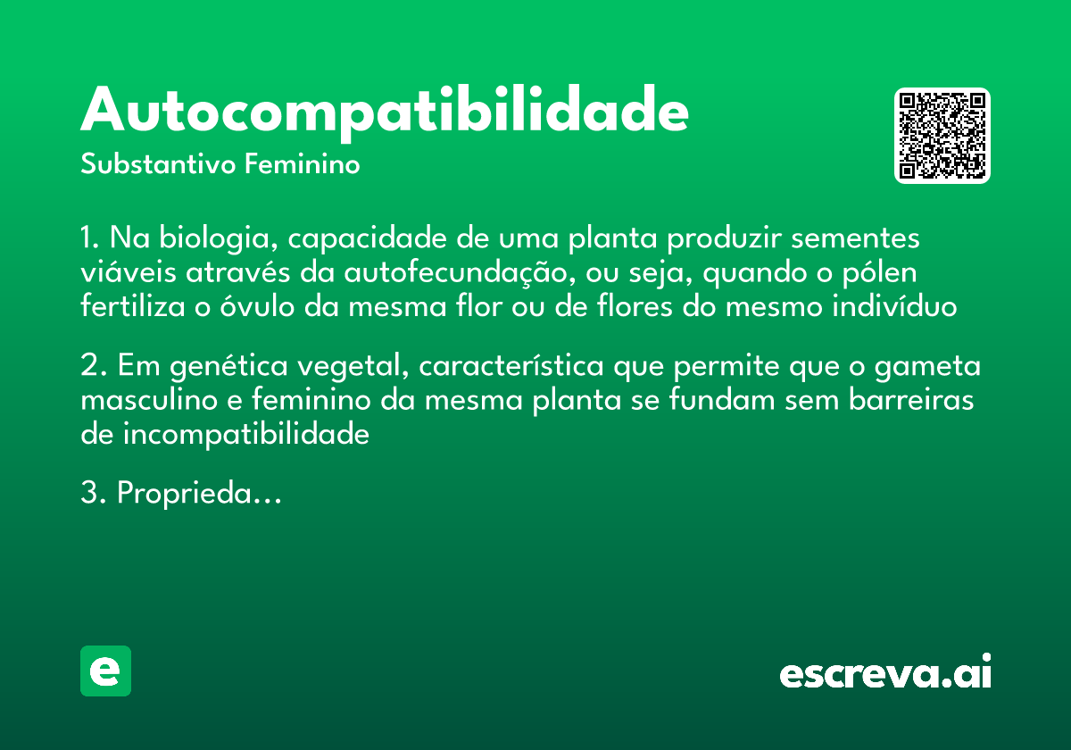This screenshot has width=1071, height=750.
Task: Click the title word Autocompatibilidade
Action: (x=384, y=112)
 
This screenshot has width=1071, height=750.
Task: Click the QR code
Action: (x=942, y=136)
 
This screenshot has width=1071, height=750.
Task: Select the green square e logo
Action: (x=105, y=671)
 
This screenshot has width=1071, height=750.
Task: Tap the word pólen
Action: (x=878, y=273)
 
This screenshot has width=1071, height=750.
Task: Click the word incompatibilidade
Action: (x=245, y=434)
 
